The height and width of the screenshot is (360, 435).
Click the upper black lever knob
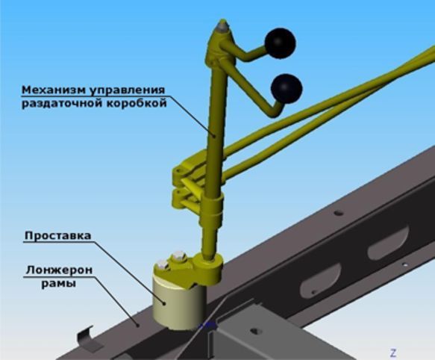(281, 43)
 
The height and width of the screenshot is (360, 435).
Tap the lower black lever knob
(287, 89)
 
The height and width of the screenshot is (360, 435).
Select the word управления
(127, 90)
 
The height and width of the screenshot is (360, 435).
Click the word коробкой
(137, 103)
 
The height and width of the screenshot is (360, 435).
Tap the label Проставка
(58, 235)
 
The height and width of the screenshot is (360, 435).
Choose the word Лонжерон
(59, 270)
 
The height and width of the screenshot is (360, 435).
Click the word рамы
(58, 284)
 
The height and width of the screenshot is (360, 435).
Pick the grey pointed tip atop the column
(222, 26)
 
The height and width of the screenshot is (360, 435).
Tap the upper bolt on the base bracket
(178, 256)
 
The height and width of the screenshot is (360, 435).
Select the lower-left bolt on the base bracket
(163, 264)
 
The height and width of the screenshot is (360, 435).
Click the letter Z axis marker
(393, 353)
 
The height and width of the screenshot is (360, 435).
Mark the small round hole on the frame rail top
(338, 213)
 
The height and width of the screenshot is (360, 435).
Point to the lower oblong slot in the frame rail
(321, 281)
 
